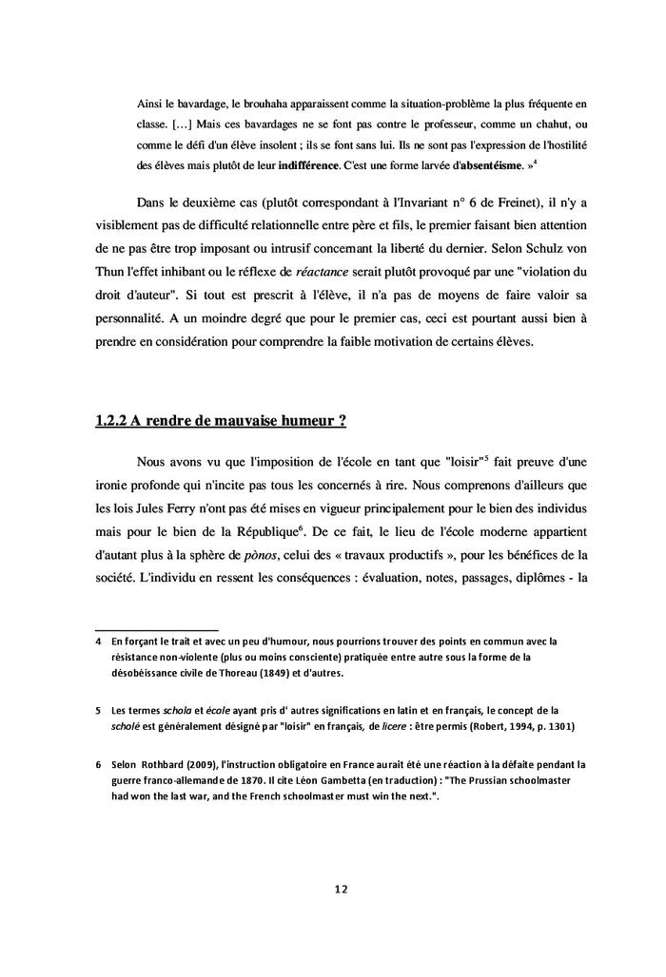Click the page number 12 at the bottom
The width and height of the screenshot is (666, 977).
click(341, 890)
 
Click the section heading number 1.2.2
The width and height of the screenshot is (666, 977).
click(112, 421)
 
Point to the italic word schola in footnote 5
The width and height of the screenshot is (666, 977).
click(178, 710)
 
